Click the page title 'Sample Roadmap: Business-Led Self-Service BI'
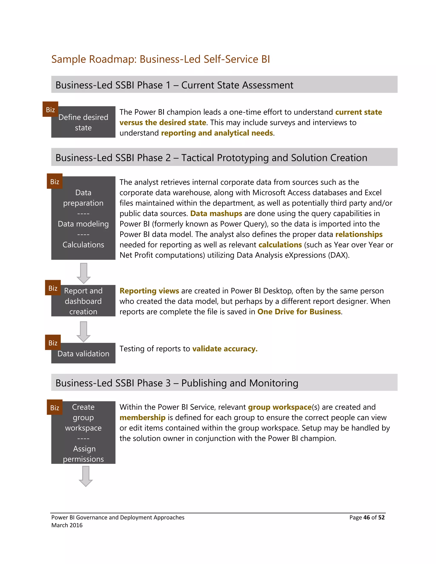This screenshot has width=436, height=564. [x=160, y=59]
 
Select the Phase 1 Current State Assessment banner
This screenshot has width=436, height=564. [x=224, y=85]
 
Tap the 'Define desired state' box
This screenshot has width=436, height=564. [x=83, y=122]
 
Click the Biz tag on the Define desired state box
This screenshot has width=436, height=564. [x=50, y=109]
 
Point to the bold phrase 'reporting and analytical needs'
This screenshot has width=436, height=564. [x=217, y=133]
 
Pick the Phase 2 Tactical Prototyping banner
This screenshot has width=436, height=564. [x=224, y=157]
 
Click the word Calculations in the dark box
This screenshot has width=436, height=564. [x=83, y=245]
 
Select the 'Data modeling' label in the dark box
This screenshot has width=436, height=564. [x=83, y=224]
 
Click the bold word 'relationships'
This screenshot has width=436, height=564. [x=359, y=234]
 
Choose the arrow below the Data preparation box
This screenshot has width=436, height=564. [x=84, y=273]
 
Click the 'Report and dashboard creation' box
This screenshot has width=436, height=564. [x=83, y=301]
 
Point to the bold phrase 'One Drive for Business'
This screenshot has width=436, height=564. [x=299, y=312]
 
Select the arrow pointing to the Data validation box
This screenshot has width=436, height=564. [x=83, y=332]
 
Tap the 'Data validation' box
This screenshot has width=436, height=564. [x=83, y=354]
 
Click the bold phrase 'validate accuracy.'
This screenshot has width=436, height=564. [x=225, y=349]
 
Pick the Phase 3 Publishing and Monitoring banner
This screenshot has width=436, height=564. [x=224, y=383]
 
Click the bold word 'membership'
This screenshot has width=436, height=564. [x=143, y=418]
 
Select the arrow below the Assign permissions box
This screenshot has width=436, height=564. [x=86, y=476]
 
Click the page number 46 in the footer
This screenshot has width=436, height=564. [x=367, y=518]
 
